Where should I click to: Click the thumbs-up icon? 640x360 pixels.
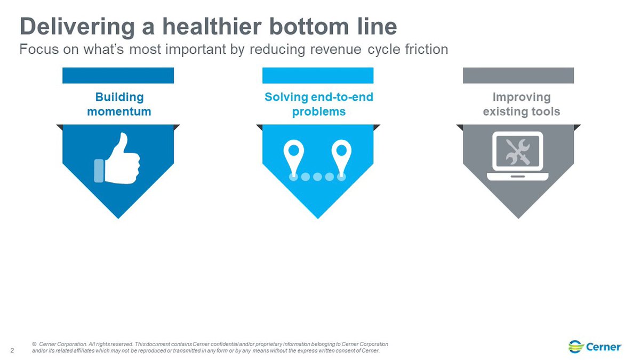point(117,158)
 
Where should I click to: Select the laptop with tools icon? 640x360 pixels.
point(518,156)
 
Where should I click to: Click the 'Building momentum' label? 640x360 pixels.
point(119,105)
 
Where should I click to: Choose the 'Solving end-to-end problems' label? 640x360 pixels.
point(319,105)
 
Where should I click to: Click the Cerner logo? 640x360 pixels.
point(595,347)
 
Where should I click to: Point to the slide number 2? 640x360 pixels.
point(13,350)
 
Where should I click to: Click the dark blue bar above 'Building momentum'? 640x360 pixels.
point(118,75)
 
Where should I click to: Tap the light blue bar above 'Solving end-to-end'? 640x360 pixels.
point(318,75)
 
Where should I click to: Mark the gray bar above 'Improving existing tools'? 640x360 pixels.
point(518,75)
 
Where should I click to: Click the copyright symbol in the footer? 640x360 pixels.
point(34,344)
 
